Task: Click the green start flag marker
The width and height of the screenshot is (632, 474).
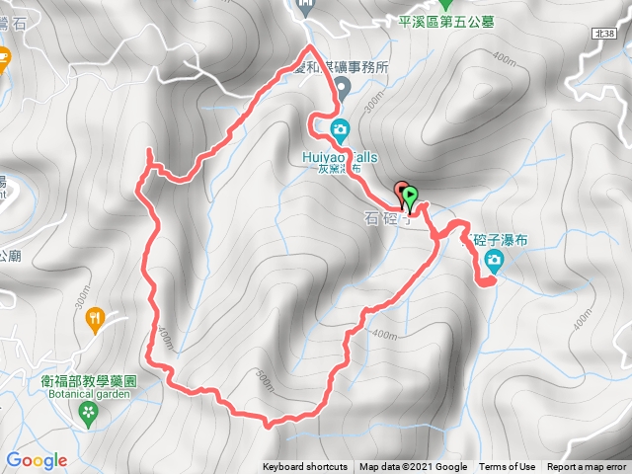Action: (x=411, y=196)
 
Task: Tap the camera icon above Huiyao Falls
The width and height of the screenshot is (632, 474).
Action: (x=340, y=128)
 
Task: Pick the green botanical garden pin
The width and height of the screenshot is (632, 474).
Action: (x=89, y=411)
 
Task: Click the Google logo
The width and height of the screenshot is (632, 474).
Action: (x=36, y=460)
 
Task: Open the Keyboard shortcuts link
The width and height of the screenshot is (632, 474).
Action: (x=305, y=467)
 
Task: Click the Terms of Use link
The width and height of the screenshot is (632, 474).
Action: (x=508, y=467)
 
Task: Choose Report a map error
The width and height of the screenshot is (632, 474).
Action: (x=588, y=467)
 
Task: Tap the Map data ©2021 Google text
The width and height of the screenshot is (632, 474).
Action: (x=413, y=467)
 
